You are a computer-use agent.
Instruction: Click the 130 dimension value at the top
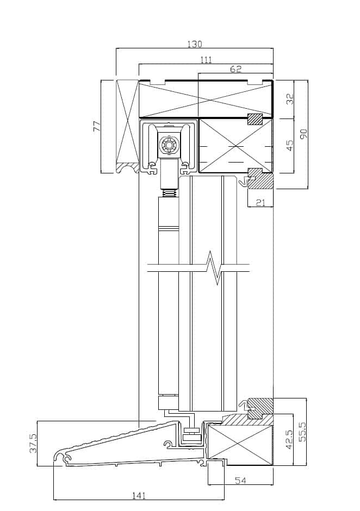195,43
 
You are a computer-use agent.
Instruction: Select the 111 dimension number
207,60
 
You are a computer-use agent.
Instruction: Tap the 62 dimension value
236,68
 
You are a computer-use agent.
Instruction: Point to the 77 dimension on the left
97,126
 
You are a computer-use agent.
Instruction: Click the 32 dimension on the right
289,99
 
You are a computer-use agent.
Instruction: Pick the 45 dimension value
289,145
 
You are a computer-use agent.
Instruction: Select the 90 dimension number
303,134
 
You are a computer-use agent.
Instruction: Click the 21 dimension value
260,202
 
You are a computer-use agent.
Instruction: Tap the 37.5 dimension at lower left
34,443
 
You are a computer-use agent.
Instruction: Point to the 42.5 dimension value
289,439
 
